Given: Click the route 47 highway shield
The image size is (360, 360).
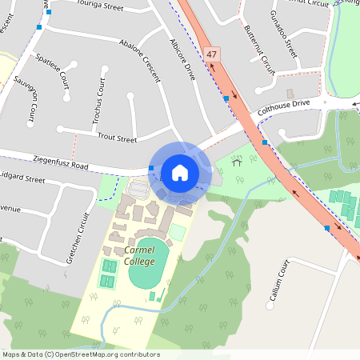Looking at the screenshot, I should (x=211, y=54).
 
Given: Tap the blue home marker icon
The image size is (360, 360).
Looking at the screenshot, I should (x=180, y=172).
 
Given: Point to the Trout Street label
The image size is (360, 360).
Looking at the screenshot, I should (x=117, y=138).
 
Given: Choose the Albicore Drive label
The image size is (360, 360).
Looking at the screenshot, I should (x=182, y=59).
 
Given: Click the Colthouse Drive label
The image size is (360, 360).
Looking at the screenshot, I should (x=283, y=104).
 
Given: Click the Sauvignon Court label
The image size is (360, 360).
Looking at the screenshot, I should (x=33, y=102).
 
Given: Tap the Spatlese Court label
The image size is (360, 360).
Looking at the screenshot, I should (x=53, y=72).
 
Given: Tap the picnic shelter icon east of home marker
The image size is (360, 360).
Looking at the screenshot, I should (x=237, y=162).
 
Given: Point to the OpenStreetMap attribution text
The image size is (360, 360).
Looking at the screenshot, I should (x=81, y=354).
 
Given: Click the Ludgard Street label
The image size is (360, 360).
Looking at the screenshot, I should (x=22, y=180).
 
